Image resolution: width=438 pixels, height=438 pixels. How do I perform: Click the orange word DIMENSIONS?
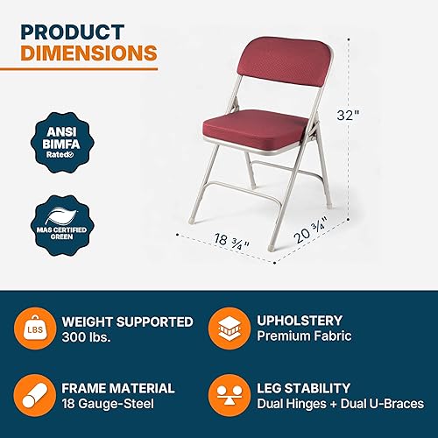[88, 53]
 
